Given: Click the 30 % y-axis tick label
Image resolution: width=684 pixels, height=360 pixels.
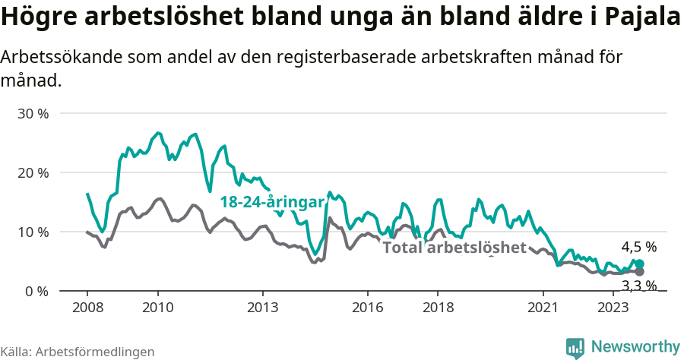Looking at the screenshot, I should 32,113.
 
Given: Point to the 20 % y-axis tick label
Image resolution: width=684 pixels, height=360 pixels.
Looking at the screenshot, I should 32,172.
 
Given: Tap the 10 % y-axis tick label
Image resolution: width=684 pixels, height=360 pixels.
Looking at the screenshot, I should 32,232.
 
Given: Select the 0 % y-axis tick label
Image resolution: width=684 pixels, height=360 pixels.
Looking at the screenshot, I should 36,291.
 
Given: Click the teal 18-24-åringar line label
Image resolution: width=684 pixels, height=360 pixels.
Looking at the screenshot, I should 272,201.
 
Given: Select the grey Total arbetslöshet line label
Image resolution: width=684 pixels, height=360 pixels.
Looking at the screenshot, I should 454,248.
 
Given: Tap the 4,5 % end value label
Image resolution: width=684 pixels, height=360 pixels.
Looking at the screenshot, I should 638,247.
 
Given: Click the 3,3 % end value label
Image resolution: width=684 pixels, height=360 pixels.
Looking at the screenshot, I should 638,286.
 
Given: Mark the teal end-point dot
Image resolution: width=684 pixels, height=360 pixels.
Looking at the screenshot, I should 639,264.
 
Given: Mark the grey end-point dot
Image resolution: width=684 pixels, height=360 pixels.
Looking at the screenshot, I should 639,271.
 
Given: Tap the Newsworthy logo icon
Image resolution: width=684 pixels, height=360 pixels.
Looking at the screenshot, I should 575,347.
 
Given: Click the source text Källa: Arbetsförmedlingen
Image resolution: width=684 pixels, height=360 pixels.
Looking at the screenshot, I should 78,352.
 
